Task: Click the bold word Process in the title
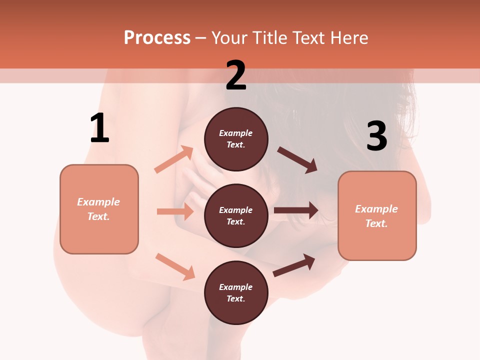(x=157, y=38)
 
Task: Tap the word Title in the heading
(x=269, y=38)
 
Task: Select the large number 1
(x=99, y=128)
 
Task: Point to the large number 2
(x=236, y=75)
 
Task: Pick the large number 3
(x=376, y=136)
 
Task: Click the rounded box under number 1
(x=99, y=209)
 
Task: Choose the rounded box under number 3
(x=377, y=215)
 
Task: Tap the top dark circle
(x=236, y=139)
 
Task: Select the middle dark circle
(x=236, y=215)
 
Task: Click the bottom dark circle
(x=236, y=292)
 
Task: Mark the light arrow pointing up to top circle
(x=174, y=159)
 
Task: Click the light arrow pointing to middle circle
(x=175, y=211)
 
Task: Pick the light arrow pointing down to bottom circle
(x=175, y=266)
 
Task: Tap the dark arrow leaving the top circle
(x=297, y=160)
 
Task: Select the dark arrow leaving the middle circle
(x=296, y=210)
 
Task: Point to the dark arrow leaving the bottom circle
(x=294, y=265)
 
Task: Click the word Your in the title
(x=229, y=38)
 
